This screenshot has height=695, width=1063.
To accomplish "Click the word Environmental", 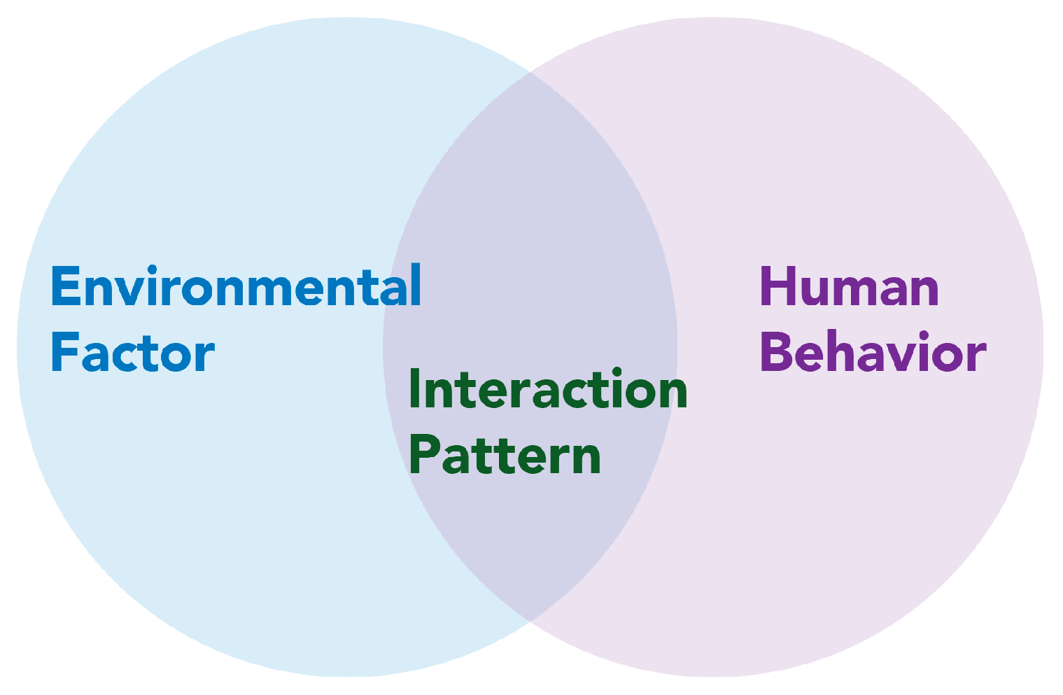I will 236,286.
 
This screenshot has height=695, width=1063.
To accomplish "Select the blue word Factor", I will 132,352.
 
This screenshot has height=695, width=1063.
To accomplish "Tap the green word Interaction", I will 547,389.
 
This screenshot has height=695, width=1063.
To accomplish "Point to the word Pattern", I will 505,455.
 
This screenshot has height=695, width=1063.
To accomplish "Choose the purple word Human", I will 849,286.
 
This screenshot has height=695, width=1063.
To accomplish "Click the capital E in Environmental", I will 64,286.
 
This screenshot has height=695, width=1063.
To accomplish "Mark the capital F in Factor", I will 62,352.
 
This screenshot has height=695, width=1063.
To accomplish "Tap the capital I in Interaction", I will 414,389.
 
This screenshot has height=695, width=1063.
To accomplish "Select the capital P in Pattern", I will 422,454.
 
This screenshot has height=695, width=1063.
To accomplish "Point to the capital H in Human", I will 776,286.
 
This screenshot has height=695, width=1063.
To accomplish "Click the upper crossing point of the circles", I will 530,72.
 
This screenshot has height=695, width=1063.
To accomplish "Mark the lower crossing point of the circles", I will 530,621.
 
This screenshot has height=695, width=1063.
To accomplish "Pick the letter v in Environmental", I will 132,290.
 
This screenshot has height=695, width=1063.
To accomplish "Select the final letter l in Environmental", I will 416,285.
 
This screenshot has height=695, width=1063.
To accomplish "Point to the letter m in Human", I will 862,290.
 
